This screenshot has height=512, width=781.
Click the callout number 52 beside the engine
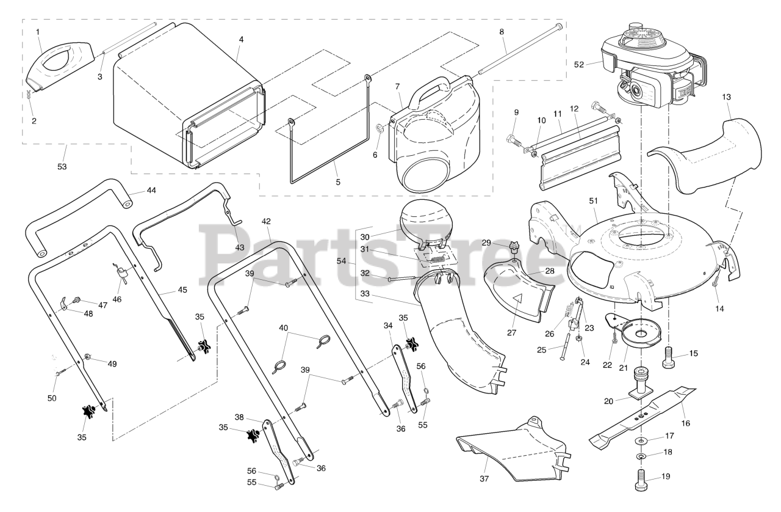coord(579,65)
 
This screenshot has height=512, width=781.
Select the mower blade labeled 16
coord(642,418)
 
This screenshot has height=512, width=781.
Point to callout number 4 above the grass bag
coord(241,40)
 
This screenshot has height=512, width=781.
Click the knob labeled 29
coord(513,247)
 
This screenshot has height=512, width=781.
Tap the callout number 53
coord(62,167)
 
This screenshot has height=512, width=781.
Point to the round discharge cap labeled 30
coord(424,223)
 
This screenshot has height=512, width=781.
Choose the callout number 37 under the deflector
coord(484,478)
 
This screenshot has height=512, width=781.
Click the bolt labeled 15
coord(669,357)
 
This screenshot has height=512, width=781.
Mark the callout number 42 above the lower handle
coord(266,221)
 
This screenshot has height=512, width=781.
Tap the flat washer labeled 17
coord(641,441)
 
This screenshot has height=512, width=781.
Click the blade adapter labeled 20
coord(641,384)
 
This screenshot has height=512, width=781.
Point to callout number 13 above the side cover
coord(726,97)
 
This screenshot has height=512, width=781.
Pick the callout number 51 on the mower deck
coord(594,201)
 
